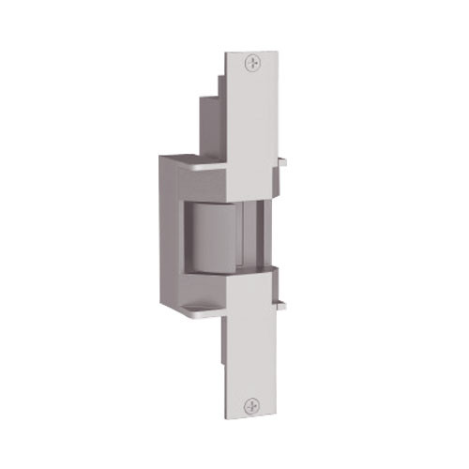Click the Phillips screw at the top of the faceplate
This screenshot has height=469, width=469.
(x=250, y=63)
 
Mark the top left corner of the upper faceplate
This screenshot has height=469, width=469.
(x=227, y=51)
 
